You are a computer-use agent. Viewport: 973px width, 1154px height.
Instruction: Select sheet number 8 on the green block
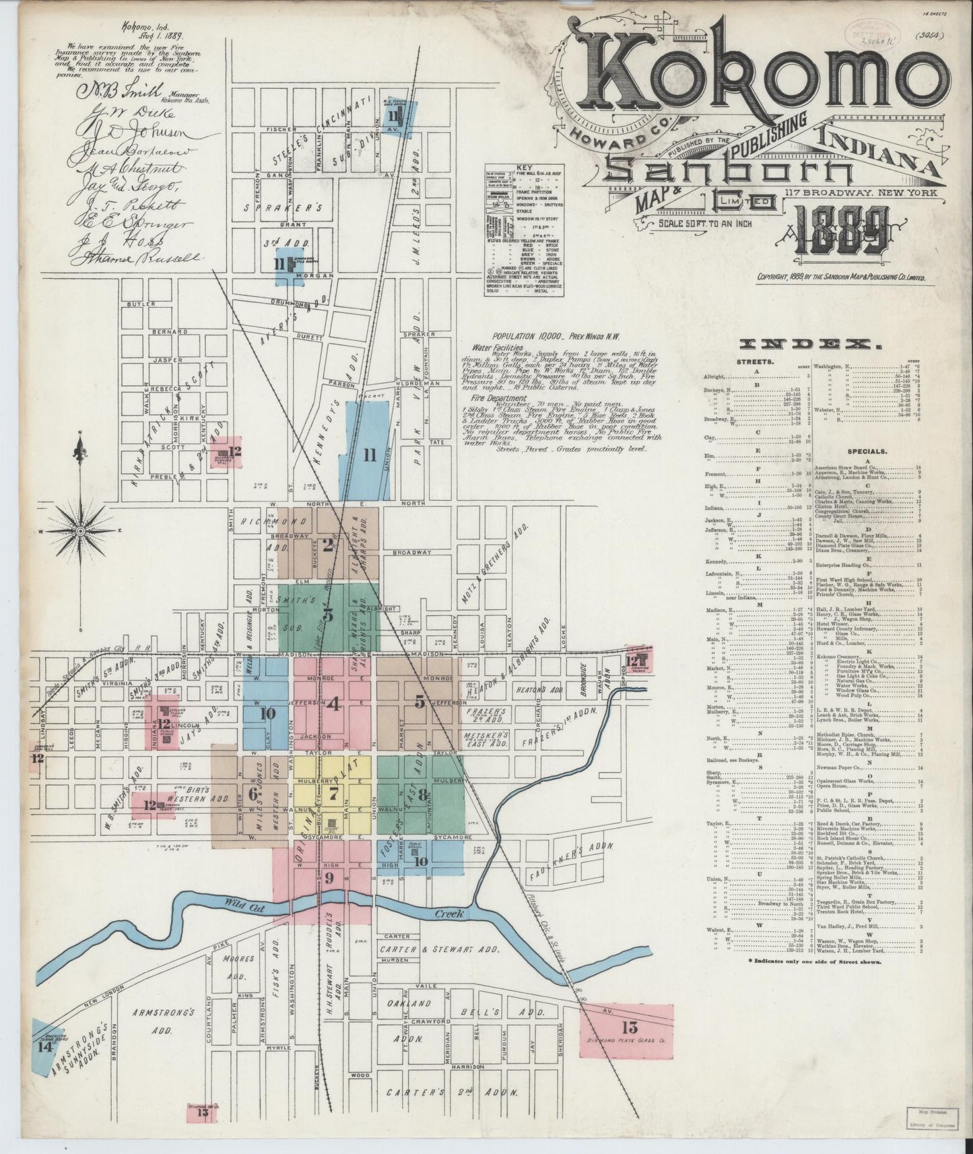pyautogui.click(x=422, y=794)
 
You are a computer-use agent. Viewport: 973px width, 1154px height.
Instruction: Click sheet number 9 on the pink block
pyautogui.click(x=329, y=877)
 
